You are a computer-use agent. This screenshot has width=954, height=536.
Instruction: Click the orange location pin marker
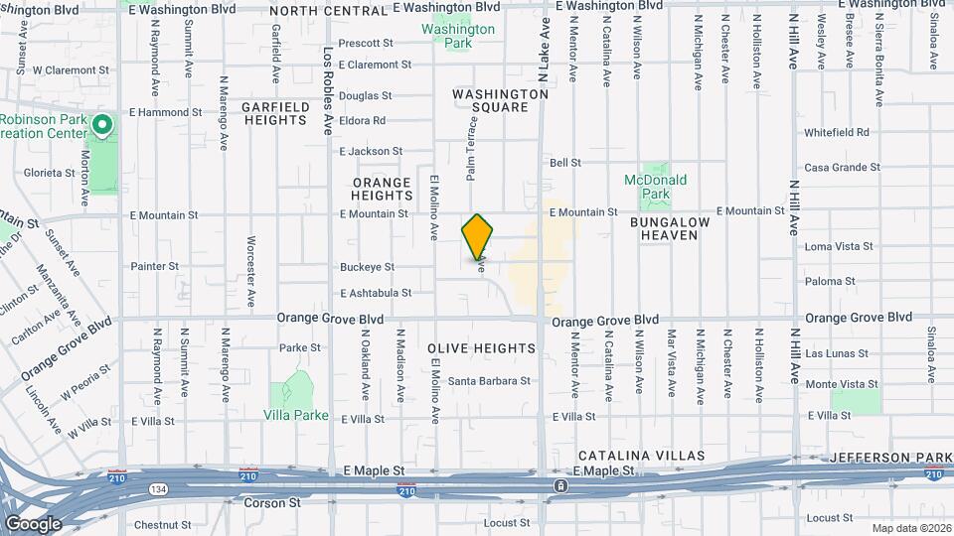click(x=478, y=237)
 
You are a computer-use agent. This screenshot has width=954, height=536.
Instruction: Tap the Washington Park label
click(x=457, y=37)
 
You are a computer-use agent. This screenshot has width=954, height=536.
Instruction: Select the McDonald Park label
click(x=656, y=187)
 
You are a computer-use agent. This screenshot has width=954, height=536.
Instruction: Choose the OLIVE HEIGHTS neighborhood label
click(x=482, y=348)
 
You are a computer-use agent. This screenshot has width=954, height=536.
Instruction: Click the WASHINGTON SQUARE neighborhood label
click(x=500, y=100)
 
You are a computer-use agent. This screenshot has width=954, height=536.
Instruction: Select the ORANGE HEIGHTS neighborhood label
click(x=381, y=190)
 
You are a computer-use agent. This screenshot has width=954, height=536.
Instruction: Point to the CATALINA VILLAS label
click(x=642, y=456)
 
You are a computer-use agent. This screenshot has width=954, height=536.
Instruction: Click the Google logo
click(x=33, y=524)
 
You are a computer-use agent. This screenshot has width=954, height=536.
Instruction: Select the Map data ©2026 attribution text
click(x=910, y=528)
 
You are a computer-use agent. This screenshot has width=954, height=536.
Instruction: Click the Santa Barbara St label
click(x=489, y=381)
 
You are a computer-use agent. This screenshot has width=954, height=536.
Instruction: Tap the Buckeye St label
click(x=367, y=267)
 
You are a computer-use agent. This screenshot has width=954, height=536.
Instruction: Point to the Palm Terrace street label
click(x=473, y=148)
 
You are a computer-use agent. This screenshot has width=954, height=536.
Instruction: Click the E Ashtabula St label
click(x=375, y=294)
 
